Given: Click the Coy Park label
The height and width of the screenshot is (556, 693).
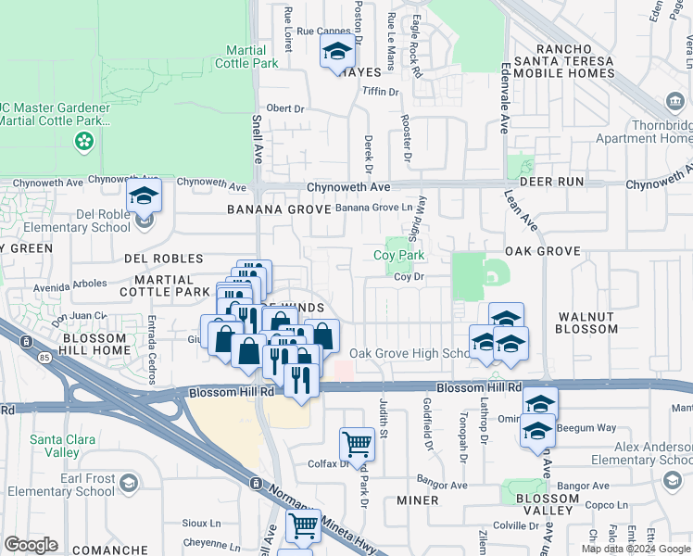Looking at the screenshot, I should pyautogui.click(x=398, y=255).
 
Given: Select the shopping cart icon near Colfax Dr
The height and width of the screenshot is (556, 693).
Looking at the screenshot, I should pyautogui.click(x=357, y=445).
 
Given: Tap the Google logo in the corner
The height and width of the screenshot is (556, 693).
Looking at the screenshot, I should pyautogui.click(x=31, y=545).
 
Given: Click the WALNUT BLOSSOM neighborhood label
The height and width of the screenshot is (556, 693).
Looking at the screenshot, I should pyautogui.click(x=587, y=322).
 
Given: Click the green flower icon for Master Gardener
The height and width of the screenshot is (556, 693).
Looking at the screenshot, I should pyautogui.click(x=84, y=141).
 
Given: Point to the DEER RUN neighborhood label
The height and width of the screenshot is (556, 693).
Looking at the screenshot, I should pyautogui.click(x=551, y=182).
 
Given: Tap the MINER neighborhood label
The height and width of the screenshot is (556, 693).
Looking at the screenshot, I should pyautogui.click(x=417, y=500).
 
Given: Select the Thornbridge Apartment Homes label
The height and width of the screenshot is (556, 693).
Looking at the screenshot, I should pyautogui.click(x=653, y=131).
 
